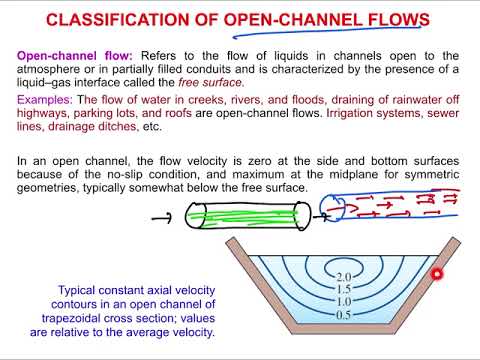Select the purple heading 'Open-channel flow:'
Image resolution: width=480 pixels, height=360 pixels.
coord(71,56)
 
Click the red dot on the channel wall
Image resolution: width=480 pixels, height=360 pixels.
coord(436,274)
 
